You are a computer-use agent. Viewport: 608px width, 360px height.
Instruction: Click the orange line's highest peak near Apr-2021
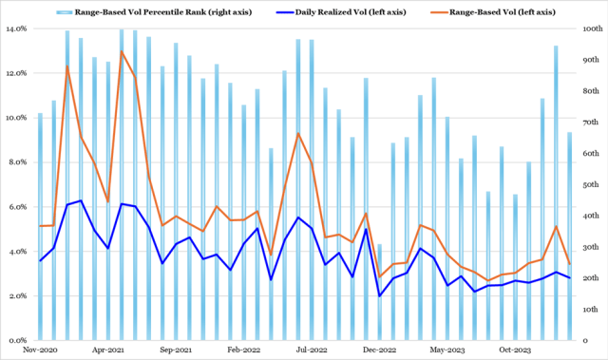click(x=122, y=50)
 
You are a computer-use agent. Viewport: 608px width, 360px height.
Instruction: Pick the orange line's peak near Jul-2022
click(x=298, y=133)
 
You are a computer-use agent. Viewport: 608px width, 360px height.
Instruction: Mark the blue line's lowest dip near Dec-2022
click(x=380, y=295)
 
